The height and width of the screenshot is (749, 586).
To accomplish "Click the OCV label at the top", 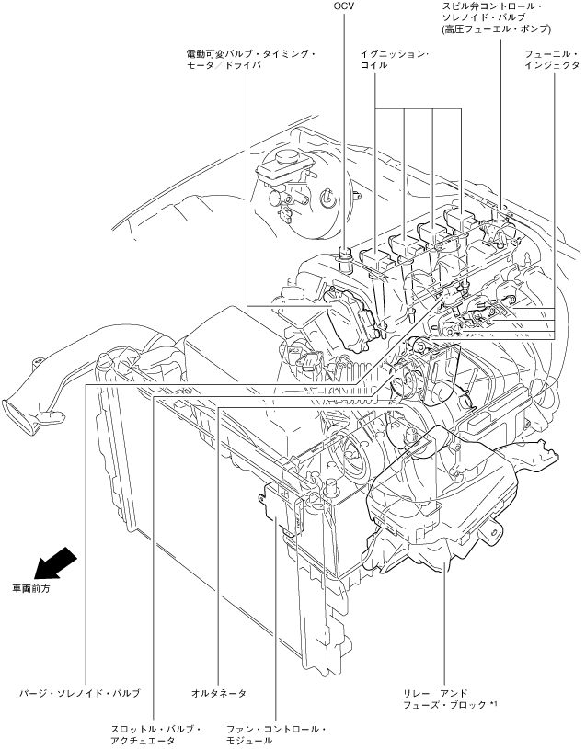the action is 343,6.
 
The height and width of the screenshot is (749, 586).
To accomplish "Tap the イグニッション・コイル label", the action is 395,60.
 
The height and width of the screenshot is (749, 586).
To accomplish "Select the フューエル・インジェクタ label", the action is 551,60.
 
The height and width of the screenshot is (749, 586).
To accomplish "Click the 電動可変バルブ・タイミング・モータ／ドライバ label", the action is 251,60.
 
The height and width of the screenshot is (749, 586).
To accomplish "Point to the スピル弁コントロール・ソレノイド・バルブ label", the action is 497,18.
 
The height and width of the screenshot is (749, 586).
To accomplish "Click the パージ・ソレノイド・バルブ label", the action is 80,693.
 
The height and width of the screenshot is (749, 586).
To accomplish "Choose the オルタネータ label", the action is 218,693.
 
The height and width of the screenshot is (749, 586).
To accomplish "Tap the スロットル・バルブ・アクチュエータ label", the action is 155,735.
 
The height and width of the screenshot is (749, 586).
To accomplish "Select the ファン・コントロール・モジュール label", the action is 276,735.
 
